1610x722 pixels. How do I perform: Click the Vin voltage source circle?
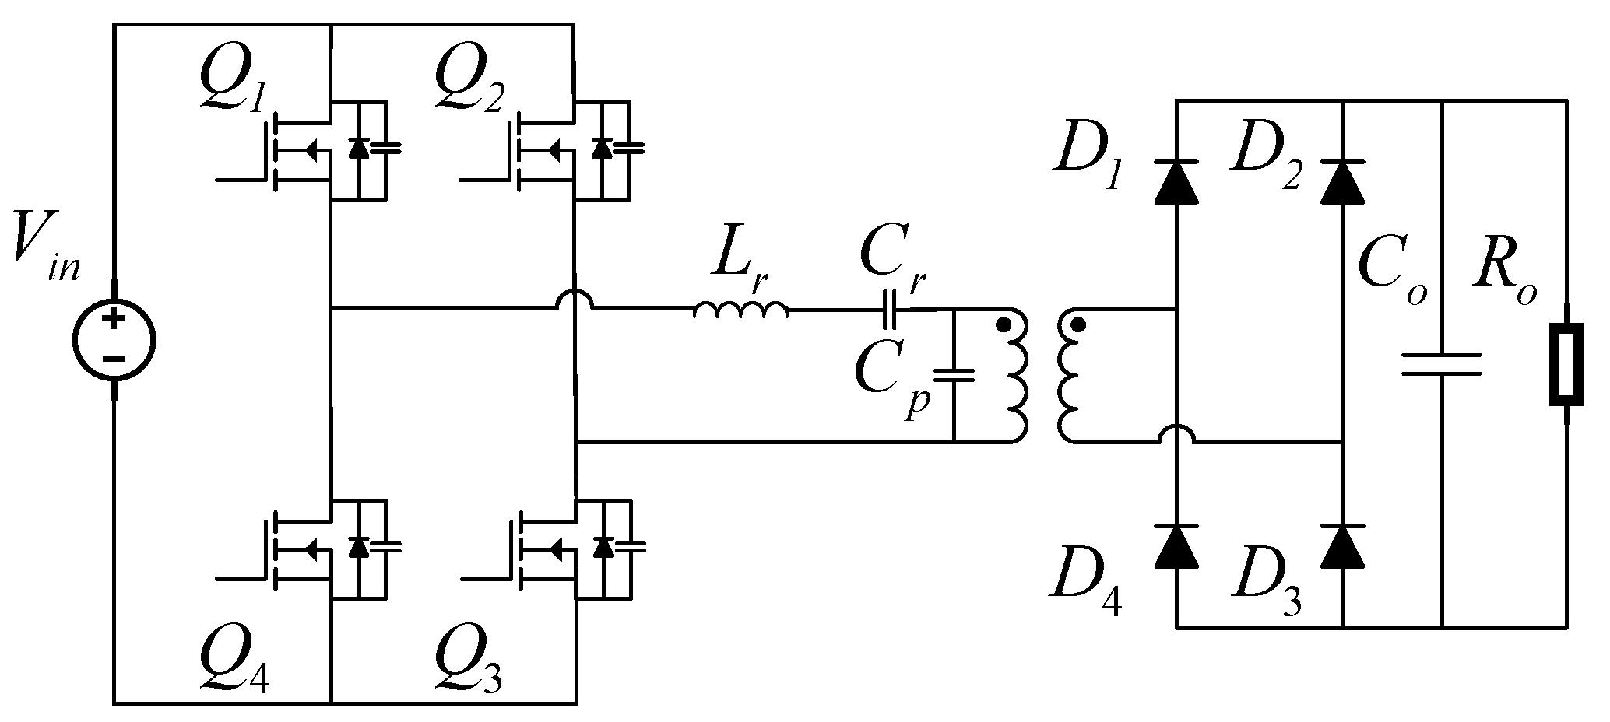[x=114, y=340]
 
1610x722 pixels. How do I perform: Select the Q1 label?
[x=232, y=81]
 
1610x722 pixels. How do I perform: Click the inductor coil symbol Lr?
[x=740, y=310]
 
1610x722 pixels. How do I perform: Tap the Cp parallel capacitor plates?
[x=953, y=376]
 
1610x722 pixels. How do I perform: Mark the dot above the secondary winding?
[x=1078, y=325]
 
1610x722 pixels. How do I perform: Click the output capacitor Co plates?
[x=1441, y=364]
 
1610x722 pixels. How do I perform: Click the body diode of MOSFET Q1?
[x=358, y=147]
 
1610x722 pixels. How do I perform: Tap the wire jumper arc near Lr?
[x=575, y=300]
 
